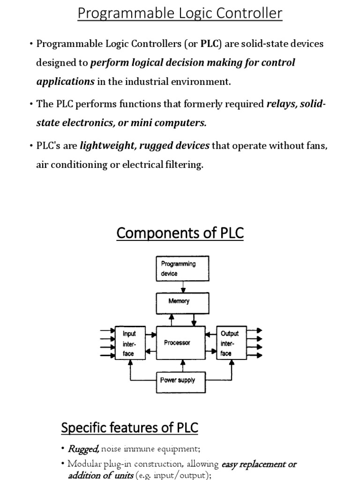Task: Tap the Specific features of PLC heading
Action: click(x=130, y=427)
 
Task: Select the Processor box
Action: click(x=180, y=343)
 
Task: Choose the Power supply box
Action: click(x=180, y=380)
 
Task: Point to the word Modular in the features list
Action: click(x=84, y=464)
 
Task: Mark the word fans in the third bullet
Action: click(x=318, y=146)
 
